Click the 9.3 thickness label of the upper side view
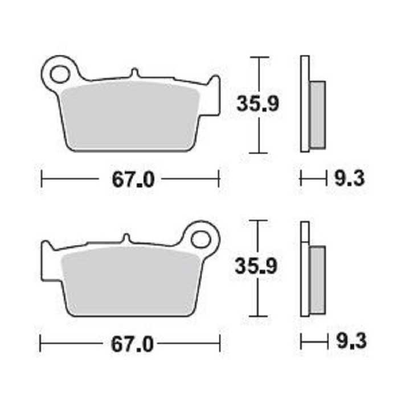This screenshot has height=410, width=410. [x=348, y=179]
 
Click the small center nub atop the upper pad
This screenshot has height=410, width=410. [x=134, y=73]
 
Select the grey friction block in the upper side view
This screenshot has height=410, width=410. [x=317, y=114]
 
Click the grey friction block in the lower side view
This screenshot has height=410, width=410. [x=317, y=280]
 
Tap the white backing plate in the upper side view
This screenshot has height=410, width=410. [x=305, y=102]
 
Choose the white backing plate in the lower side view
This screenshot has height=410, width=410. [x=305, y=268]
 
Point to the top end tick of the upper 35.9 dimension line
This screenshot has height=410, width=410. [x=259, y=58]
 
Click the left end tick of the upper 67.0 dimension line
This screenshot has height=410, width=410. [x=42, y=179]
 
